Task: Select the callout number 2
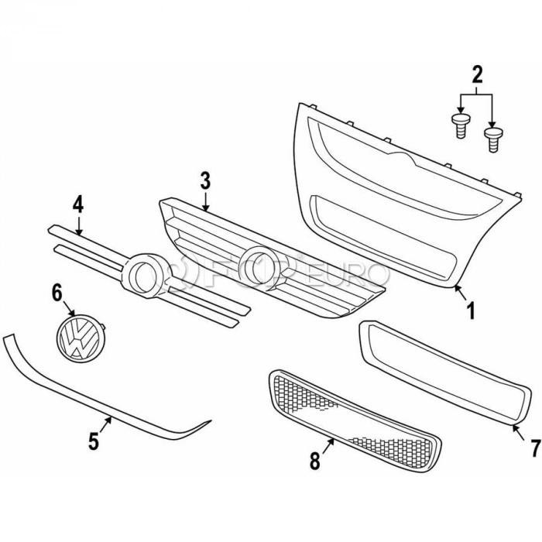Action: (x=477, y=75)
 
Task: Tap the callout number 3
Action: (x=205, y=181)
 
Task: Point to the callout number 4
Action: (x=77, y=205)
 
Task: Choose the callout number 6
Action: (x=56, y=292)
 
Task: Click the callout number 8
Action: (x=314, y=461)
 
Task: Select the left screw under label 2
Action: (x=460, y=125)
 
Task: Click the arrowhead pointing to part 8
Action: (x=333, y=441)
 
